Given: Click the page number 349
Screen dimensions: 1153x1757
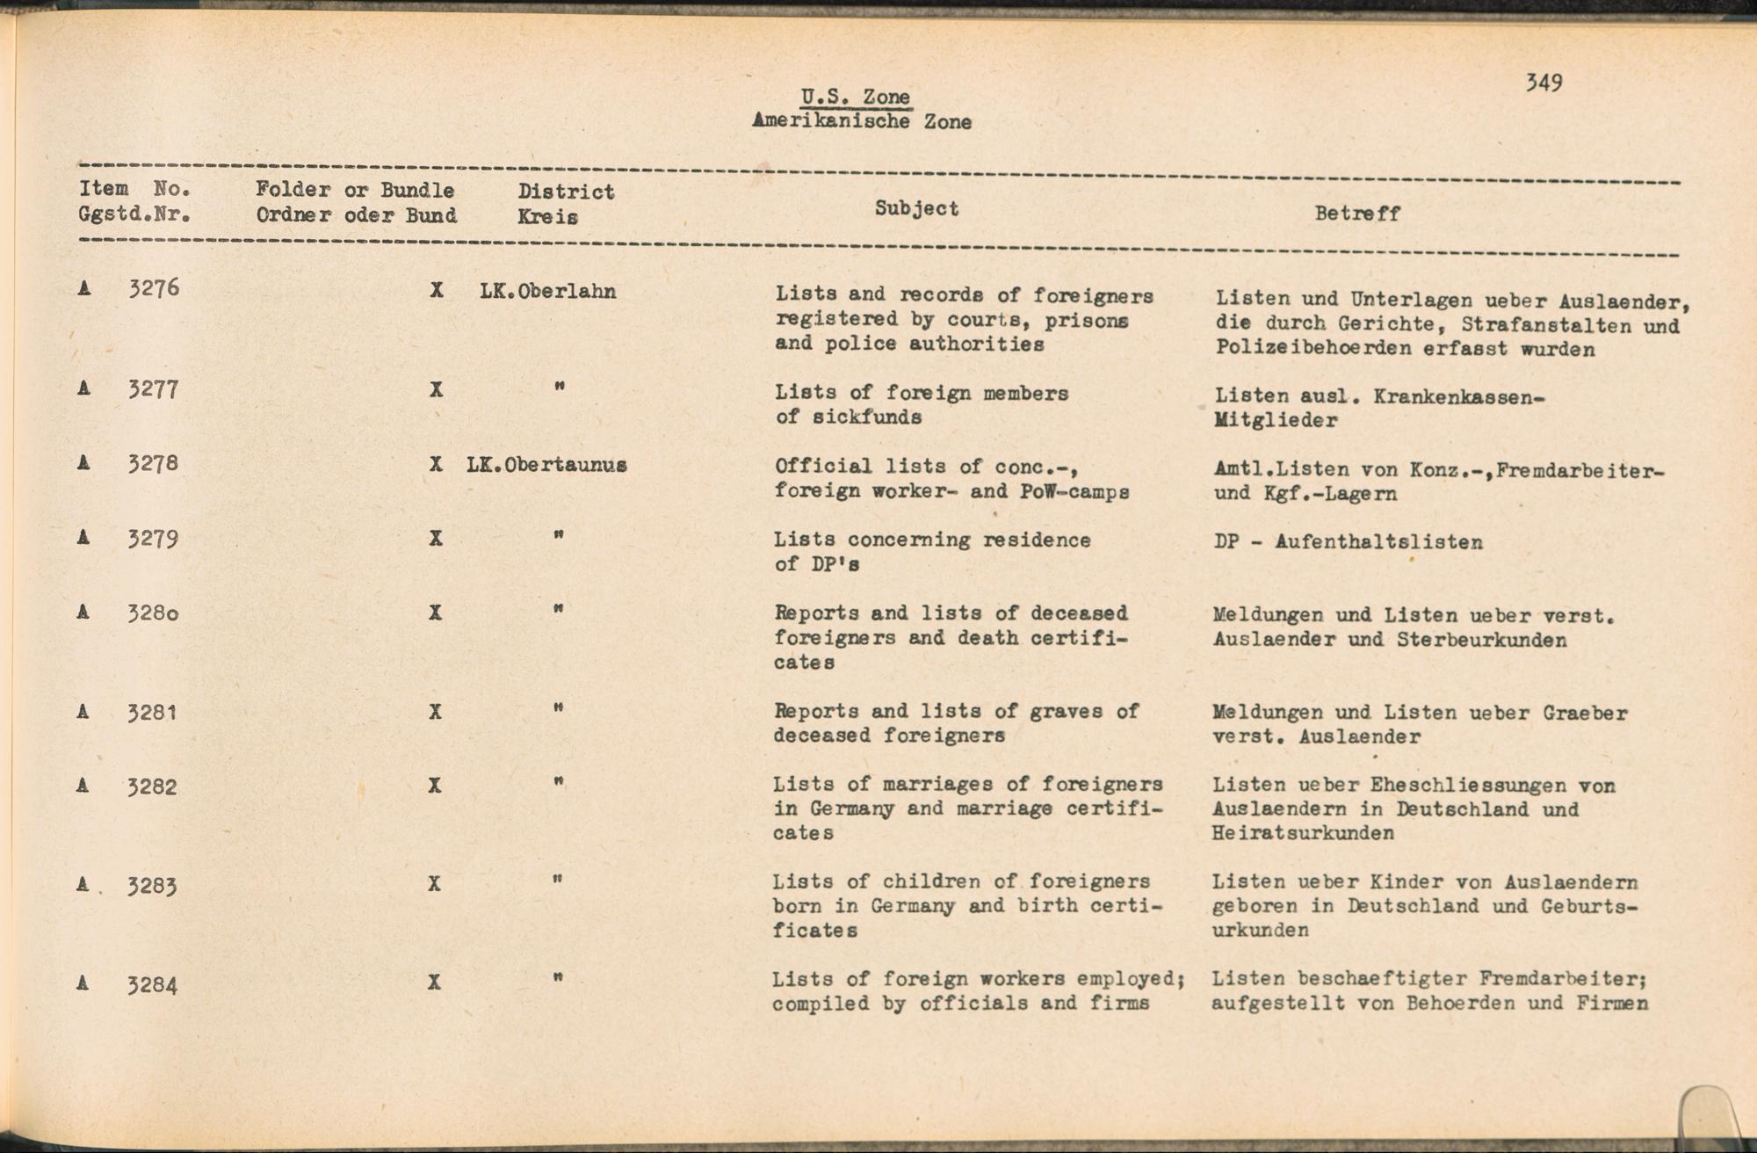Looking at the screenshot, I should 1544,83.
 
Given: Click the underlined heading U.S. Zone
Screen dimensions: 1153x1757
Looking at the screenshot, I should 855,97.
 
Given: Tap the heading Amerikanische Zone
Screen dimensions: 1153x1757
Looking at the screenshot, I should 861,121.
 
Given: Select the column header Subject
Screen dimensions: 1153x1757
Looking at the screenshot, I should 916,208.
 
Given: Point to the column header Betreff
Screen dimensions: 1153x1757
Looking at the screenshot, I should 1356,214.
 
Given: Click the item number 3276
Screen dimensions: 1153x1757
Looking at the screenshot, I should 154,288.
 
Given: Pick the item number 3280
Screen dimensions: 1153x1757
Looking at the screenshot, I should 153,613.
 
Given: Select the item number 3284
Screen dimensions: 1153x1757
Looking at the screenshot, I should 152,985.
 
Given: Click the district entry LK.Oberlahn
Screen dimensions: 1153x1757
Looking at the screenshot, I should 548,292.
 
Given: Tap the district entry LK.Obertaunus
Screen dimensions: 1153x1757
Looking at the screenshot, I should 546,465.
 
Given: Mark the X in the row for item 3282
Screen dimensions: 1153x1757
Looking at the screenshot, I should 434,785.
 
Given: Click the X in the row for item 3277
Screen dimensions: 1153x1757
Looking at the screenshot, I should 436,388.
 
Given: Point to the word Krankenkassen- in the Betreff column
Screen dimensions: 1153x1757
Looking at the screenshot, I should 1458,397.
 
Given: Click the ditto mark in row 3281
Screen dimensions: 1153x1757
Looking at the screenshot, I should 559,707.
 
